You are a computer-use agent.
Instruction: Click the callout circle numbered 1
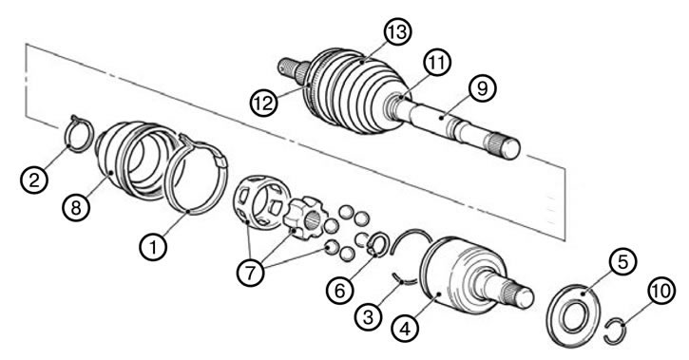point(153,248)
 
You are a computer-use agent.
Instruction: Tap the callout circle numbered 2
point(35,180)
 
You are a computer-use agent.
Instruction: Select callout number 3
point(368,316)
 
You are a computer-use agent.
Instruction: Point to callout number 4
point(405,328)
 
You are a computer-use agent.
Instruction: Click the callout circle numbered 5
point(622,261)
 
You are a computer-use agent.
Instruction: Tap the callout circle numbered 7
point(250,273)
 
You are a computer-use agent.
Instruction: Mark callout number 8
point(76,207)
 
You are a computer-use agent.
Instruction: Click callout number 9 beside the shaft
point(482,88)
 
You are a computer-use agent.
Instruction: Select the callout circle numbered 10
point(661,291)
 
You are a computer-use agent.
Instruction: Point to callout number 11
point(437,63)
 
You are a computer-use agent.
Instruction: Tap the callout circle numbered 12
point(263,103)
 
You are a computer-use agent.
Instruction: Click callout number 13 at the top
point(397,31)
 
